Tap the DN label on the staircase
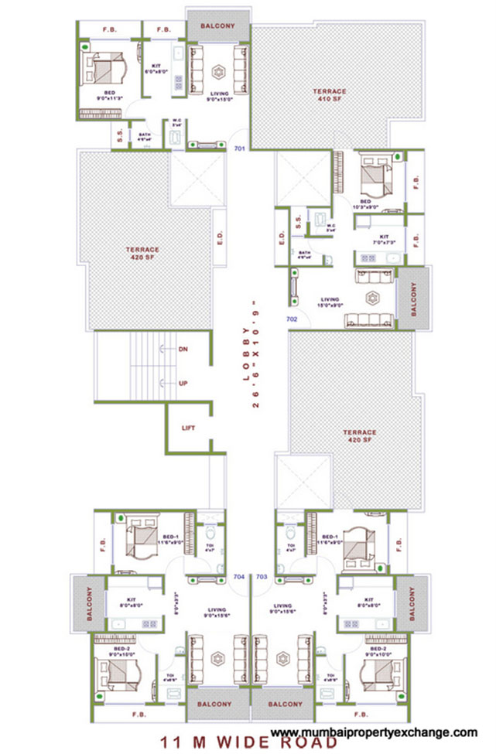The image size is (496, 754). tap(183, 350)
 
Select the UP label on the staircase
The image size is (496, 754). tap(183, 383)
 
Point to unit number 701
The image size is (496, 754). tap(240, 149)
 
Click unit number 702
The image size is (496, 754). tap(292, 318)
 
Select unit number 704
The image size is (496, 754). tap(239, 576)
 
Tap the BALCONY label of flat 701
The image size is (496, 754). tap(217, 26)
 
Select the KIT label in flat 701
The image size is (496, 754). tap(156, 67)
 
